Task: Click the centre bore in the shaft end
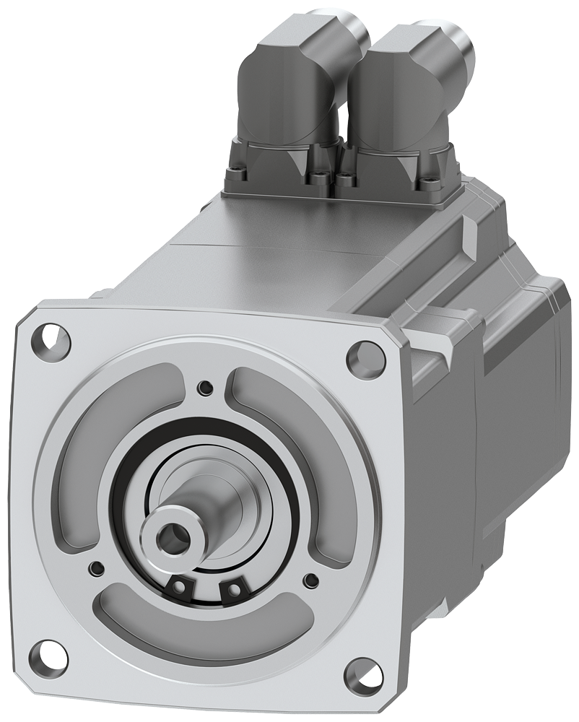click(x=173, y=537)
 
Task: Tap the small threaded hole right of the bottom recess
click(x=311, y=578)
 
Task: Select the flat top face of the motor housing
click(x=289, y=245)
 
